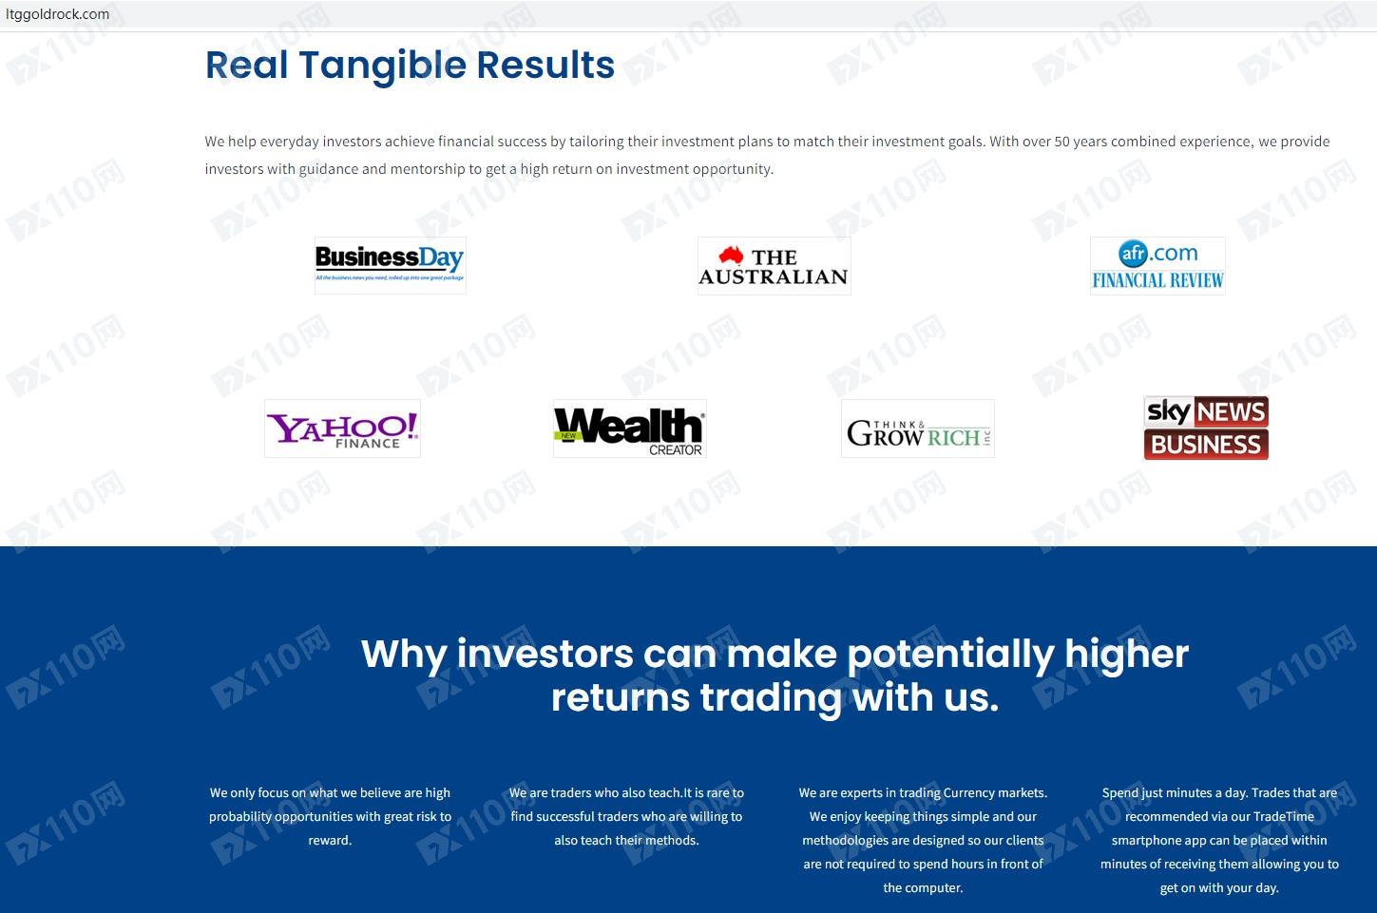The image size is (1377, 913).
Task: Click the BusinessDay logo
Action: pyautogui.click(x=391, y=265)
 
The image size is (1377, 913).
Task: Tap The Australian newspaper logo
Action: pyautogui.click(x=774, y=266)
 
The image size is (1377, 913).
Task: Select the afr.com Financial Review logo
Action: pyautogui.click(x=1157, y=266)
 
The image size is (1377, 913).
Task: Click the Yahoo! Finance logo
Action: pyautogui.click(x=342, y=428)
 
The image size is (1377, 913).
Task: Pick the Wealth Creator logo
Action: pyautogui.click(x=629, y=428)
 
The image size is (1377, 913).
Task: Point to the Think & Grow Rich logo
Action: pyautogui.click(x=918, y=428)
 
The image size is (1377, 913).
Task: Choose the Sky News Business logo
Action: pyautogui.click(x=1206, y=428)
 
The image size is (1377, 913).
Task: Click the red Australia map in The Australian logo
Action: pyautogui.click(x=731, y=255)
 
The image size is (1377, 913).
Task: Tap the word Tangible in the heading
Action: pyautogui.click(x=382, y=66)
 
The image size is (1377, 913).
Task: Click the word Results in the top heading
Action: pyautogui.click(x=545, y=65)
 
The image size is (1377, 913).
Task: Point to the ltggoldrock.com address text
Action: pyautogui.click(x=57, y=14)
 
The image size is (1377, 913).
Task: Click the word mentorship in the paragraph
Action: pyautogui.click(x=428, y=169)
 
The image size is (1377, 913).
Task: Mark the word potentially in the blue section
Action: pyautogui.click(x=950, y=656)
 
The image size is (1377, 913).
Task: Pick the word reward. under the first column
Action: pyautogui.click(x=330, y=840)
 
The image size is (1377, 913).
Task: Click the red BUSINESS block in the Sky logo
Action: pyautogui.click(x=1206, y=445)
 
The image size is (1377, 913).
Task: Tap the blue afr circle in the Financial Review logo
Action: pyautogui.click(x=1133, y=253)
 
